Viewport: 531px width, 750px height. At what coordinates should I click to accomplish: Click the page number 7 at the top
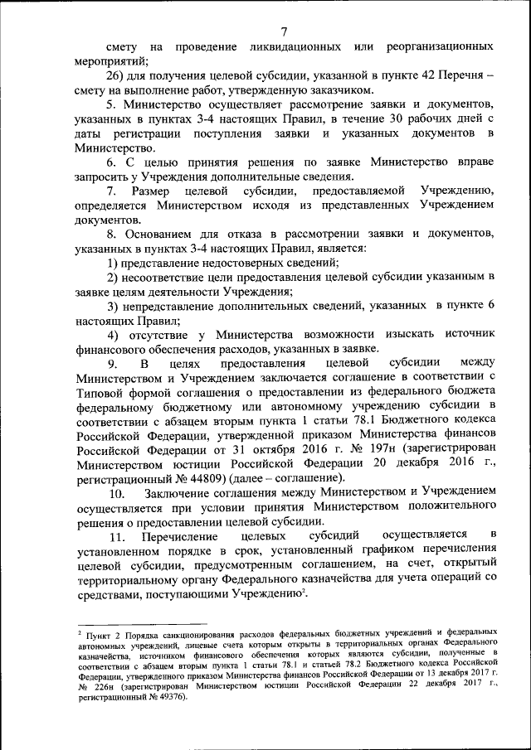click(284, 31)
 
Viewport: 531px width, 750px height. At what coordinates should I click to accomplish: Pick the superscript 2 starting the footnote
click(81, 631)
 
